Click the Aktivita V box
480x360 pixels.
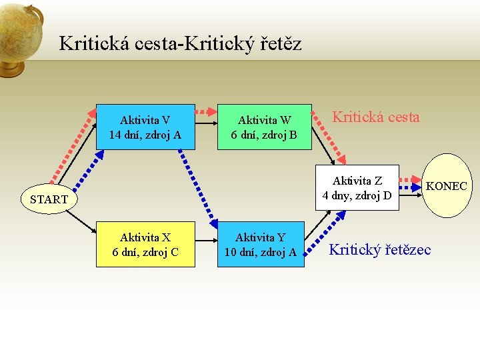(x=145, y=127)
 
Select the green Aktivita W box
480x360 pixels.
(x=265, y=127)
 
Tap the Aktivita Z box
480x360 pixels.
(x=357, y=187)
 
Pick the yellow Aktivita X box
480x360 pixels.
(x=145, y=244)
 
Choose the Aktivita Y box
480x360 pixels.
(x=261, y=244)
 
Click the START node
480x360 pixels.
(x=49, y=199)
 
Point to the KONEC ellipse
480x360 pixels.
(x=447, y=186)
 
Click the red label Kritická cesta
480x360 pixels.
(x=376, y=117)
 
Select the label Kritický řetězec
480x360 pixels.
(x=380, y=249)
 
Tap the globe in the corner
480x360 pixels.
(x=20, y=37)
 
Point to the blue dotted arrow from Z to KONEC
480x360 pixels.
(x=412, y=188)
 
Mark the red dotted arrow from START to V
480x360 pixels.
(x=72, y=146)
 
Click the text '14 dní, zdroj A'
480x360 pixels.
(x=145, y=134)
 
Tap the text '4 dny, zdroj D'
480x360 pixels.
(x=357, y=195)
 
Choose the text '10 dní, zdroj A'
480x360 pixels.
(x=261, y=252)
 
